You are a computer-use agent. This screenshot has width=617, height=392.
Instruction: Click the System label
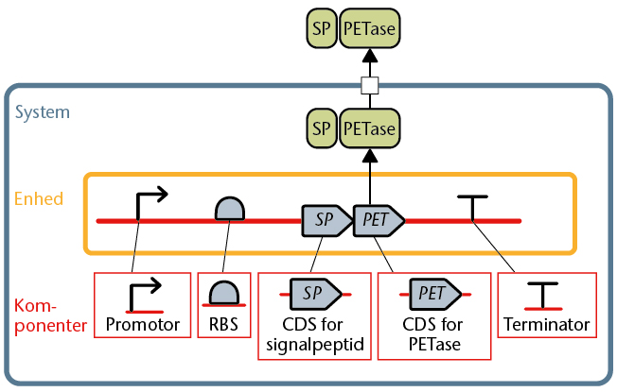[43, 112]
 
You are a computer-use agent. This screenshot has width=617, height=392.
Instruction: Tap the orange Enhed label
[39, 198]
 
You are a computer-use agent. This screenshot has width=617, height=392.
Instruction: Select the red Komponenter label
[50, 315]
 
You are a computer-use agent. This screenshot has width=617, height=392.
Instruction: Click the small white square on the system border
[370, 86]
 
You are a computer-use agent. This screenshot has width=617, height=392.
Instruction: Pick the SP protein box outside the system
[322, 28]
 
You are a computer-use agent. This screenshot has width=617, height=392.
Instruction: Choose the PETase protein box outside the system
[369, 28]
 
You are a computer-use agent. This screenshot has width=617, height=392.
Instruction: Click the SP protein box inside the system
[322, 128]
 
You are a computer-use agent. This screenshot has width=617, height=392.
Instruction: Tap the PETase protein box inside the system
[369, 128]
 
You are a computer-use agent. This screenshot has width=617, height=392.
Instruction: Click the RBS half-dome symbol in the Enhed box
[230, 209]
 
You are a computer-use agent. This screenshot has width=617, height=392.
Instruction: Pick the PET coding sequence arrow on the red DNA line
[379, 220]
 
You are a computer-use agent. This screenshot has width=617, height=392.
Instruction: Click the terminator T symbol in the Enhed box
[472, 208]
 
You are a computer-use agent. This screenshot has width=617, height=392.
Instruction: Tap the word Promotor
[143, 324]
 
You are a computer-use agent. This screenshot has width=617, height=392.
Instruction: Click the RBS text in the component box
[223, 324]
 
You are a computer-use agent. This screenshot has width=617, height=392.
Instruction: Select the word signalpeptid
[315, 345]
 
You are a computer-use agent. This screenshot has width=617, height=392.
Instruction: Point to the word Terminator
[547, 324]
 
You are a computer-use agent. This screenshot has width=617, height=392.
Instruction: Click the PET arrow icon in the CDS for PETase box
[435, 294]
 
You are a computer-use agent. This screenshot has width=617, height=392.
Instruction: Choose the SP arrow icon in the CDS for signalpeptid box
[315, 294]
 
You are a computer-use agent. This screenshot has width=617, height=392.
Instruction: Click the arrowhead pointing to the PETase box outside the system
[370, 56]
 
